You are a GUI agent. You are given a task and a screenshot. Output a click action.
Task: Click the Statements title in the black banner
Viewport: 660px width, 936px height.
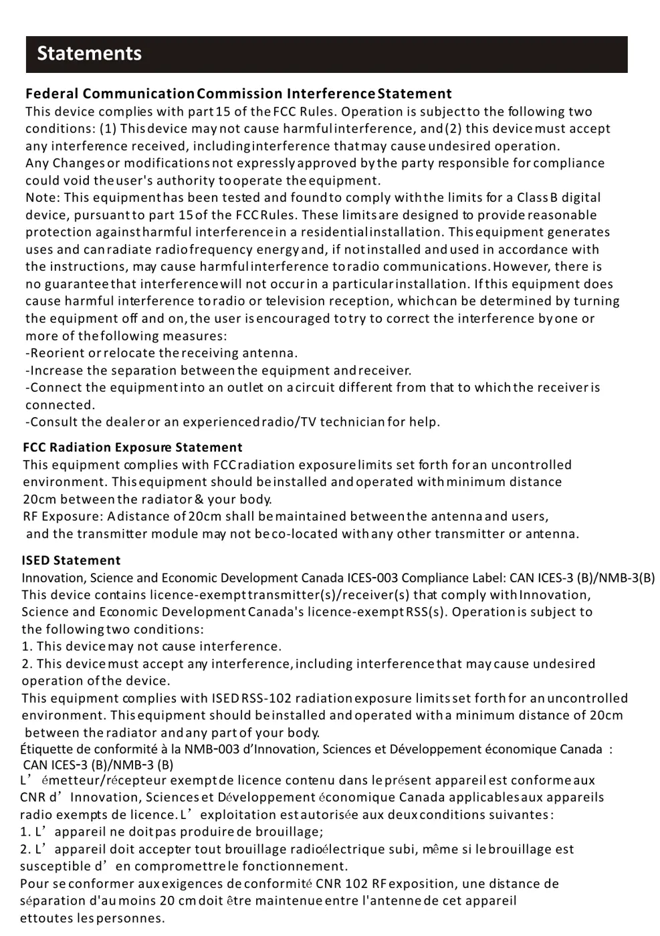click(89, 53)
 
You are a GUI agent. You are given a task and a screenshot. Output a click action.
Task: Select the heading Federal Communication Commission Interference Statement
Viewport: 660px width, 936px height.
click(238, 94)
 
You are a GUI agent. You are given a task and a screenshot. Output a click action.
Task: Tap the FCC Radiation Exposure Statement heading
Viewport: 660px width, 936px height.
click(132, 447)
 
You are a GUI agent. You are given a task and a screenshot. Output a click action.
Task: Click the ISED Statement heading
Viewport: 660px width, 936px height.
click(71, 560)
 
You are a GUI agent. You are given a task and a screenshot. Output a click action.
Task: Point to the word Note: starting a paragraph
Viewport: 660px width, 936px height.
click(43, 197)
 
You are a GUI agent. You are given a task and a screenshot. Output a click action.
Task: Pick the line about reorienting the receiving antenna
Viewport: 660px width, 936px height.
click(161, 352)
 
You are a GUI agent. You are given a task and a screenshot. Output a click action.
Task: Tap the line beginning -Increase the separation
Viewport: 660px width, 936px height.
click(218, 370)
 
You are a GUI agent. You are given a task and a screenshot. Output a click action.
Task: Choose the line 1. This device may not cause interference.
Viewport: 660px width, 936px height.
click(151, 646)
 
